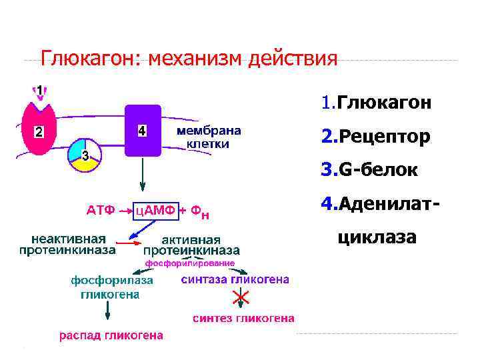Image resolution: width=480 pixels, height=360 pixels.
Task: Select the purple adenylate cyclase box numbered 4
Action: (142, 131)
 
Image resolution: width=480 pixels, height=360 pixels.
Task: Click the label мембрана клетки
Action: (209, 137)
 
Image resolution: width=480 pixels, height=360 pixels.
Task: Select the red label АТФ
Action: (101, 211)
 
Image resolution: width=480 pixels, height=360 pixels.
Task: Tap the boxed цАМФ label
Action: (156, 211)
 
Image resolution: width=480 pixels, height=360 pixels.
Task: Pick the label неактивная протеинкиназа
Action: (66, 245)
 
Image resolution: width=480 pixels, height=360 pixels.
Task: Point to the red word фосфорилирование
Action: (191, 263)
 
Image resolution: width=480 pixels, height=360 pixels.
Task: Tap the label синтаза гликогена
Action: (235, 280)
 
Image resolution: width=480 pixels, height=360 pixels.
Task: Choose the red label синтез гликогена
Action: (243, 319)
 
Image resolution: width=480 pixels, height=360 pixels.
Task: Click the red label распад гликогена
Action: (111, 335)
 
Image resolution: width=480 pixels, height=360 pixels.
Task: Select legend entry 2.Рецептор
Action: (375, 137)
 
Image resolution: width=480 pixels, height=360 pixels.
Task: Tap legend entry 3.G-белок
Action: (369, 171)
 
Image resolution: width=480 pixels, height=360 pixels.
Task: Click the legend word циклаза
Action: (377, 237)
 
